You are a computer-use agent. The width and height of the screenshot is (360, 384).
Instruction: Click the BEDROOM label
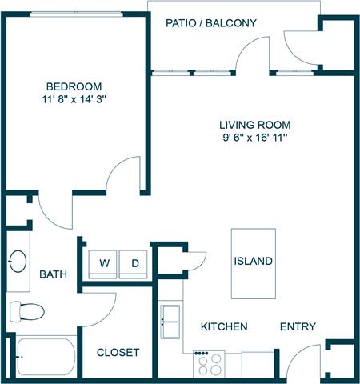coord(73,86)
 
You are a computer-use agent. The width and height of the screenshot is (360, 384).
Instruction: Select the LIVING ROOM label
coord(254,125)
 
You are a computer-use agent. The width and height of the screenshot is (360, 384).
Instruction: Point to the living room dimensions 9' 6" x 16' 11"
coord(254,138)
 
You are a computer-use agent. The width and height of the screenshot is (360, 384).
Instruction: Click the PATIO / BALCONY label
coord(210,23)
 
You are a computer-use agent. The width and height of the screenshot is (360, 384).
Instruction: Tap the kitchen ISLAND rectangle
coord(253,261)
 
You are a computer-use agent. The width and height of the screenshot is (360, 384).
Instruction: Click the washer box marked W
coord(103,262)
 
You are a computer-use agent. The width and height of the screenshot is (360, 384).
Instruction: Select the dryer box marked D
coord(134,262)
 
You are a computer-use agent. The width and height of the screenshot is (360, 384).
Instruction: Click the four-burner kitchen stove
coord(210,364)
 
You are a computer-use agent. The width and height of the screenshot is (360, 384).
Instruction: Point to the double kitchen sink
coord(171,322)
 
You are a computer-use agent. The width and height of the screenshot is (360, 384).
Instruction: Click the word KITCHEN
coord(223,327)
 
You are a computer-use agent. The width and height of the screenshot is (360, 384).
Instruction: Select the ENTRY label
coord(297,327)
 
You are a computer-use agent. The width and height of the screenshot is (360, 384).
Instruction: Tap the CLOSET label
coord(118,353)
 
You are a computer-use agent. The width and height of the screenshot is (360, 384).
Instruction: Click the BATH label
coord(53,275)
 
